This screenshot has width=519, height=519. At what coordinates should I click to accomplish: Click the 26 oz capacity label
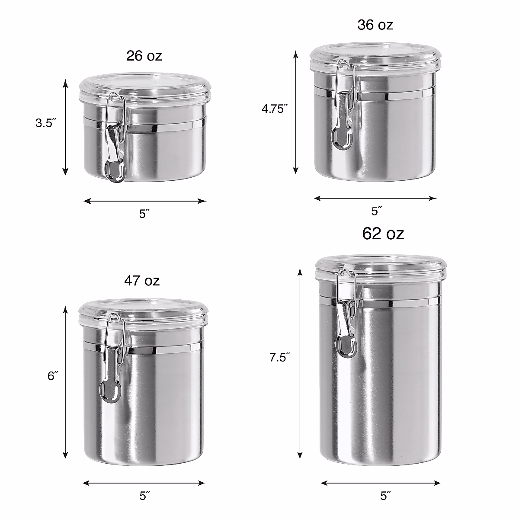coord(144,56)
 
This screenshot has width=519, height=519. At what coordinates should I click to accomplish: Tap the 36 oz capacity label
coord(375,25)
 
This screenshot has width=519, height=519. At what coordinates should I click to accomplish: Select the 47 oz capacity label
coord(142,281)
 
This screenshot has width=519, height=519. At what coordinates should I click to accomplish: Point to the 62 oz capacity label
coord(383,234)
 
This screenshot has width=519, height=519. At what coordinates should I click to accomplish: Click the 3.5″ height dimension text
coord(46,123)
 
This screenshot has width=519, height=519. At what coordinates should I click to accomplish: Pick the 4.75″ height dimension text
coord(275,109)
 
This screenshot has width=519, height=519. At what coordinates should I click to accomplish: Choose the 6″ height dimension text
coord(53,376)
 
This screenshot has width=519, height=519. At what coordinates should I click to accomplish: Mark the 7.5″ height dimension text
coord(279,358)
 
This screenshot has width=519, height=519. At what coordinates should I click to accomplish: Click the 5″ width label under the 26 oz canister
coord(144,214)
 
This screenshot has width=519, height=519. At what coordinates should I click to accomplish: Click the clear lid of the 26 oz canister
coord(144,87)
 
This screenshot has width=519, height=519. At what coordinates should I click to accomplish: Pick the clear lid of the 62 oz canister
coord(381,267)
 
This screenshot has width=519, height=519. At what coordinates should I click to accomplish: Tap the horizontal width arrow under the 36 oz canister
coord(375,199)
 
